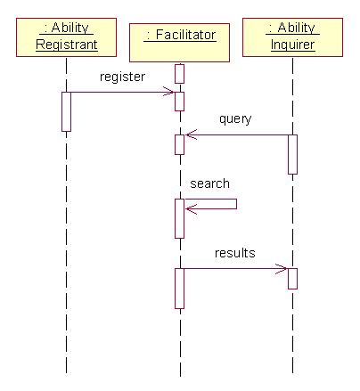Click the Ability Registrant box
pyautogui.click(x=66, y=37)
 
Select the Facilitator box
pyautogui.click(x=179, y=43)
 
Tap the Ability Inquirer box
pyautogui.click(x=292, y=37)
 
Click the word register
pyautogui.click(x=122, y=77)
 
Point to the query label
pyautogui.click(x=235, y=119)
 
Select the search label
pyautogui.click(x=209, y=183)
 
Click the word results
pyautogui.click(x=235, y=253)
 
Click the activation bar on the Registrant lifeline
pyautogui.click(x=66, y=111)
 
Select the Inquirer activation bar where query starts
pyautogui.click(x=292, y=154)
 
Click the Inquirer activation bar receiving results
pyautogui.click(x=292, y=279)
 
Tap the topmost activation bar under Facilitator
pyautogui.click(x=179, y=74)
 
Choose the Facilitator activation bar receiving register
pyautogui.click(x=179, y=102)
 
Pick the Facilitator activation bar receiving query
pyautogui.click(x=179, y=145)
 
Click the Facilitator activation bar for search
pyautogui.click(x=179, y=218)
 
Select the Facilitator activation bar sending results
pyautogui.click(x=179, y=289)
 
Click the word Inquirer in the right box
pyautogui.click(x=292, y=45)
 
